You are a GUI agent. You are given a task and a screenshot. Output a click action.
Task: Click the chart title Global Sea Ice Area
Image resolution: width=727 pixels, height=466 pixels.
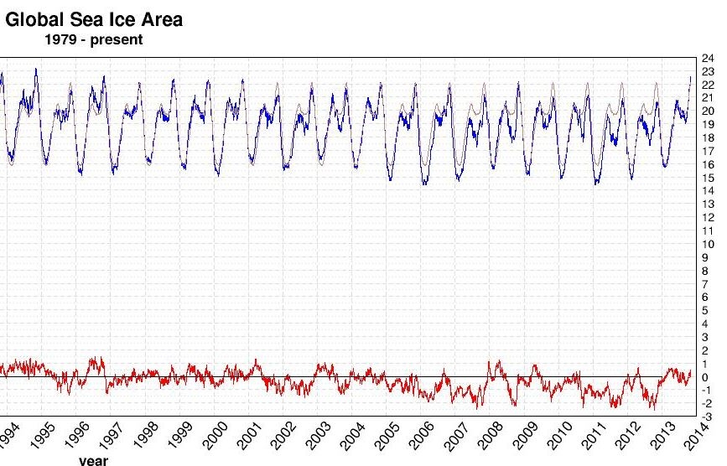pyautogui.click(x=94, y=19)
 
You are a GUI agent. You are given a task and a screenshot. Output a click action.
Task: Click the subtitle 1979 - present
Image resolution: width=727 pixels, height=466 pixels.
pyautogui.click(x=94, y=39)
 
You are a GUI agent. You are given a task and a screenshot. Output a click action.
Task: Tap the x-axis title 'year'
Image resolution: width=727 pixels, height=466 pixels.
pyautogui.click(x=94, y=460)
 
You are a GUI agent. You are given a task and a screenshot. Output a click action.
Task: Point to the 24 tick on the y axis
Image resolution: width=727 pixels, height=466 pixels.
pyautogui.click(x=708, y=58)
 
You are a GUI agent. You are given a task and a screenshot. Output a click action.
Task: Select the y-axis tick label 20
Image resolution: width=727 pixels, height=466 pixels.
pyautogui.click(x=708, y=111)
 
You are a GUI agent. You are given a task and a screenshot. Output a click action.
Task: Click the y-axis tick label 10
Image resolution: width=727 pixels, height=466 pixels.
pyautogui.click(x=708, y=245)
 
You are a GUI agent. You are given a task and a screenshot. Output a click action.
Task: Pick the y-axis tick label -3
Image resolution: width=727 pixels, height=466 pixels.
pyautogui.click(x=708, y=417)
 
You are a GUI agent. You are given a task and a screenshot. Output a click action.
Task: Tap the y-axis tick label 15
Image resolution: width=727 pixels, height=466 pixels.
pyautogui.click(x=708, y=178)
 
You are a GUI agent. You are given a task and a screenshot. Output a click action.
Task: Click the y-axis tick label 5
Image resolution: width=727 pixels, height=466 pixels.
pyautogui.click(x=705, y=311)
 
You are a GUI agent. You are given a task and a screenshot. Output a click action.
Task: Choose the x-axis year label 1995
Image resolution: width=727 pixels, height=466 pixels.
pyautogui.click(x=43, y=435)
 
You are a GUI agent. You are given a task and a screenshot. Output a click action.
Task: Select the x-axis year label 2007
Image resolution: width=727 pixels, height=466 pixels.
pyautogui.click(x=456, y=437)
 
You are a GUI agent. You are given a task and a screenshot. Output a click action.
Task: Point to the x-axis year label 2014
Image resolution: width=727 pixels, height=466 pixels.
pyautogui.click(x=698, y=437)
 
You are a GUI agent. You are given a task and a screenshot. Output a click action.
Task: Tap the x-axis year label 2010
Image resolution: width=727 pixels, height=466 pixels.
pyautogui.click(x=559, y=437)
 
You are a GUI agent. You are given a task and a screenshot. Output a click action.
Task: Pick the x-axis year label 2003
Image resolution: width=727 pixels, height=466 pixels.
pyautogui.click(x=319, y=437)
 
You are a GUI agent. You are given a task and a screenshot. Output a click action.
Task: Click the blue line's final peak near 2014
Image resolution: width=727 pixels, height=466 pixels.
pyautogui.click(x=691, y=77)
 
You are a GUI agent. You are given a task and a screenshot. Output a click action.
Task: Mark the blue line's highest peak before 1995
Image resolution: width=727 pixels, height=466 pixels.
pyautogui.click(x=36, y=69)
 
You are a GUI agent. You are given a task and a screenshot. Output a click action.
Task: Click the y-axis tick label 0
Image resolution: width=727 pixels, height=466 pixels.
pyautogui.click(x=705, y=377)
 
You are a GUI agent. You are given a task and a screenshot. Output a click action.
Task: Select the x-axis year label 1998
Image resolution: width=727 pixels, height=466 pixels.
pyautogui.click(x=147, y=435)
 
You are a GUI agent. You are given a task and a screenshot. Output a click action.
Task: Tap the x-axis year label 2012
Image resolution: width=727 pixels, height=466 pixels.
pyautogui.click(x=629, y=437)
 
